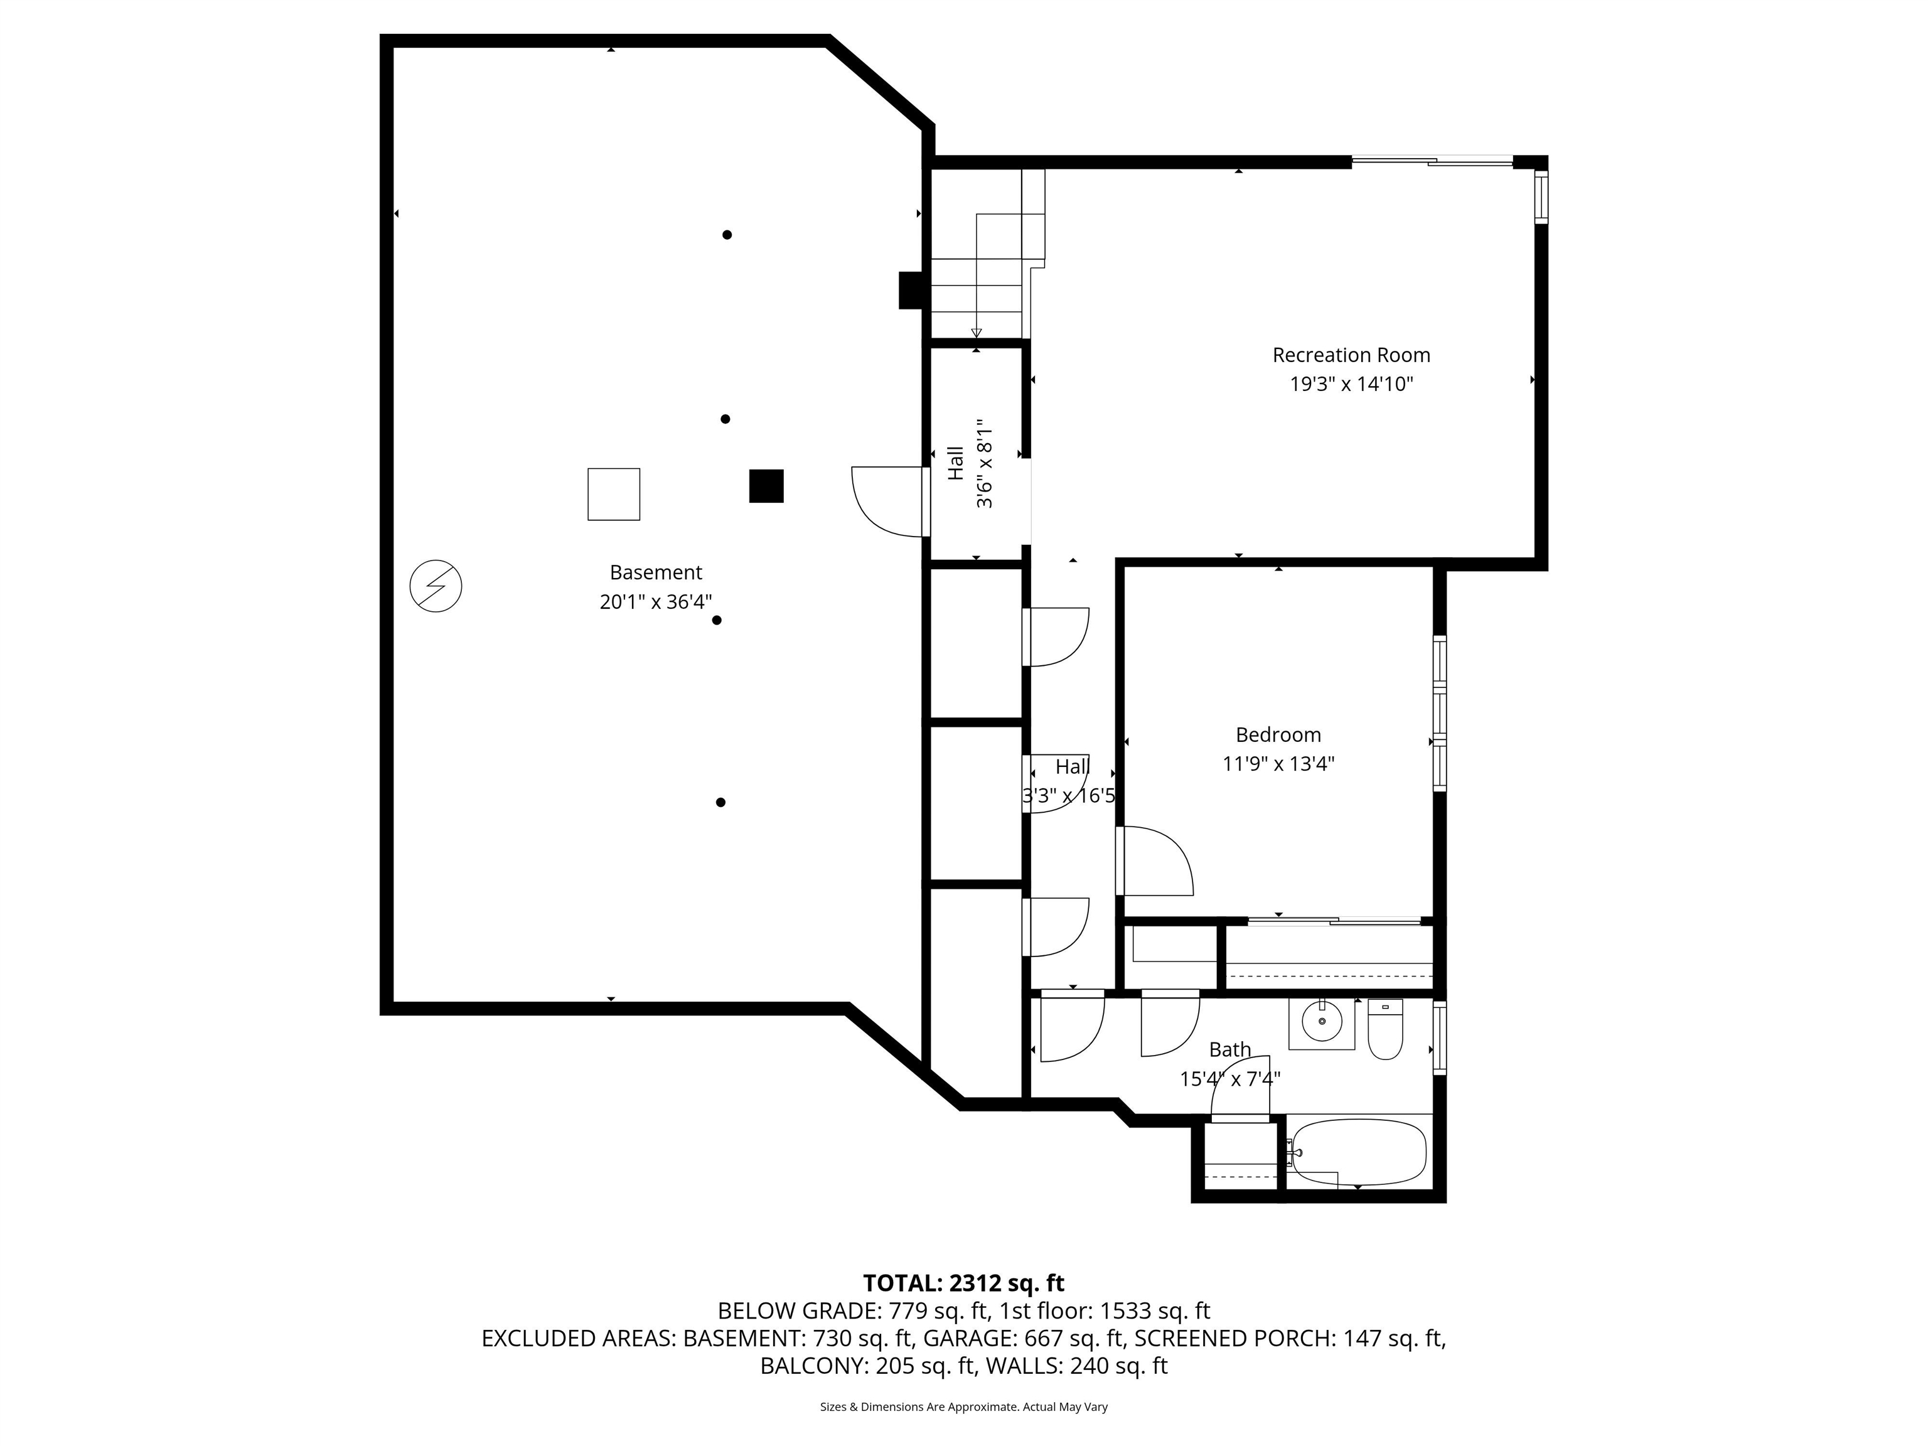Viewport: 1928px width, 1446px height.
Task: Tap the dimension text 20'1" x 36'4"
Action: (655, 601)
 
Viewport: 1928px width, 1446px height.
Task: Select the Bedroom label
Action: (1278, 735)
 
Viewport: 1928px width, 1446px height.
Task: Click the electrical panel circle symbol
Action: (436, 586)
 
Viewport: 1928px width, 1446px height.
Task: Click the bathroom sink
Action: (1322, 1022)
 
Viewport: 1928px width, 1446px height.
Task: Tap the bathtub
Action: (1358, 1152)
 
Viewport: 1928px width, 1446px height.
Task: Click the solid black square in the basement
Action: (766, 486)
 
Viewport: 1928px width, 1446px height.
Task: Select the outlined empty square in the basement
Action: (614, 494)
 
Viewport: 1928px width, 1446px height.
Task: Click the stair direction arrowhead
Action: (976, 332)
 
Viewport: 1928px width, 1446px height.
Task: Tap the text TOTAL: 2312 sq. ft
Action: (963, 1283)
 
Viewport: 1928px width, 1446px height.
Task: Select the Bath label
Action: (1230, 1049)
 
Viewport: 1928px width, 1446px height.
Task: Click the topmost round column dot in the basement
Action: (727, 235)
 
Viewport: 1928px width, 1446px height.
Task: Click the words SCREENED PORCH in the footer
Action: (1231, 1338)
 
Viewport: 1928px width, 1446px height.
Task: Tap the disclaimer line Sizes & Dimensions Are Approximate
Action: (963, 1407)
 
